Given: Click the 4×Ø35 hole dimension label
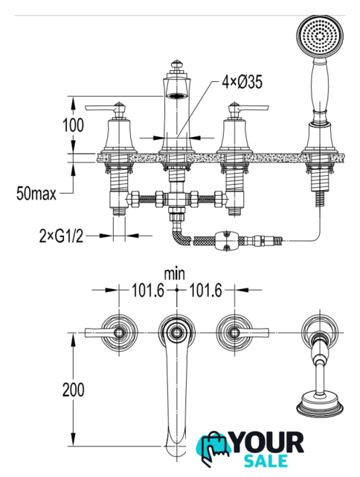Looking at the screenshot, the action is click(242, 82).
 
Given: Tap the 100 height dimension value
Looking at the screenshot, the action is click(73, 125).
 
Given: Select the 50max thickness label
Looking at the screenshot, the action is click(36, 194).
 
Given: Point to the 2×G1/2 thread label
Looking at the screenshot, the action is click(61, 236).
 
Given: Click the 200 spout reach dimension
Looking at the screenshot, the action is click(73, 390).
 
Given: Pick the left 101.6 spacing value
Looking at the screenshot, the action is click(147, 291).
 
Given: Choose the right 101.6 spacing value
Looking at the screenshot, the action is click(206, 291).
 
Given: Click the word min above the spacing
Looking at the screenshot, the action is click(175, 274).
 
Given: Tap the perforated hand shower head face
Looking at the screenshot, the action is click(320, 36).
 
